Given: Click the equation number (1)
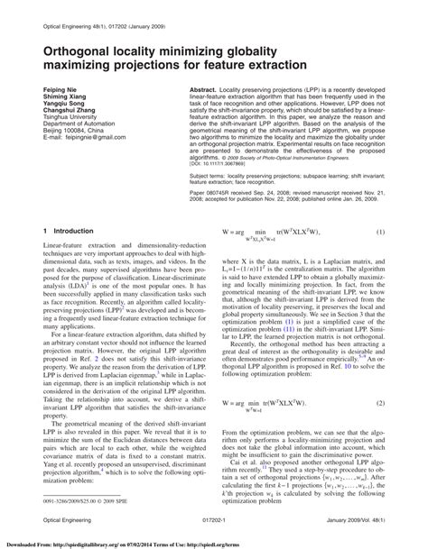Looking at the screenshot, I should point(380,233).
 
